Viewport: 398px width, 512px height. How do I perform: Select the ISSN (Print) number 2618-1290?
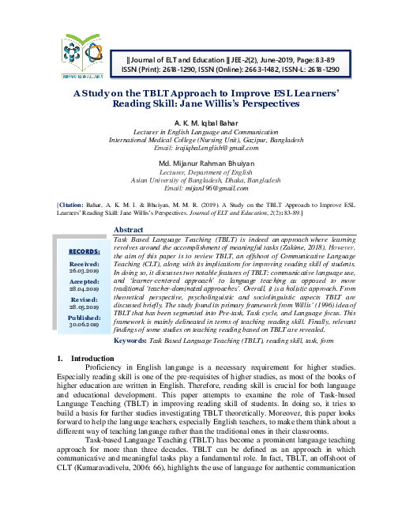click(193, 69)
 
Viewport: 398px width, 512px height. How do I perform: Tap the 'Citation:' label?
click(71, 205)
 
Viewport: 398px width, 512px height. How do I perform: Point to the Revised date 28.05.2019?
click(84, 306)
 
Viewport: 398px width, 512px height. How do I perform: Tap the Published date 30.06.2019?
click(84, 323)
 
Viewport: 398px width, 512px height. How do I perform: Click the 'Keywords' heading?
click(130, 341)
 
